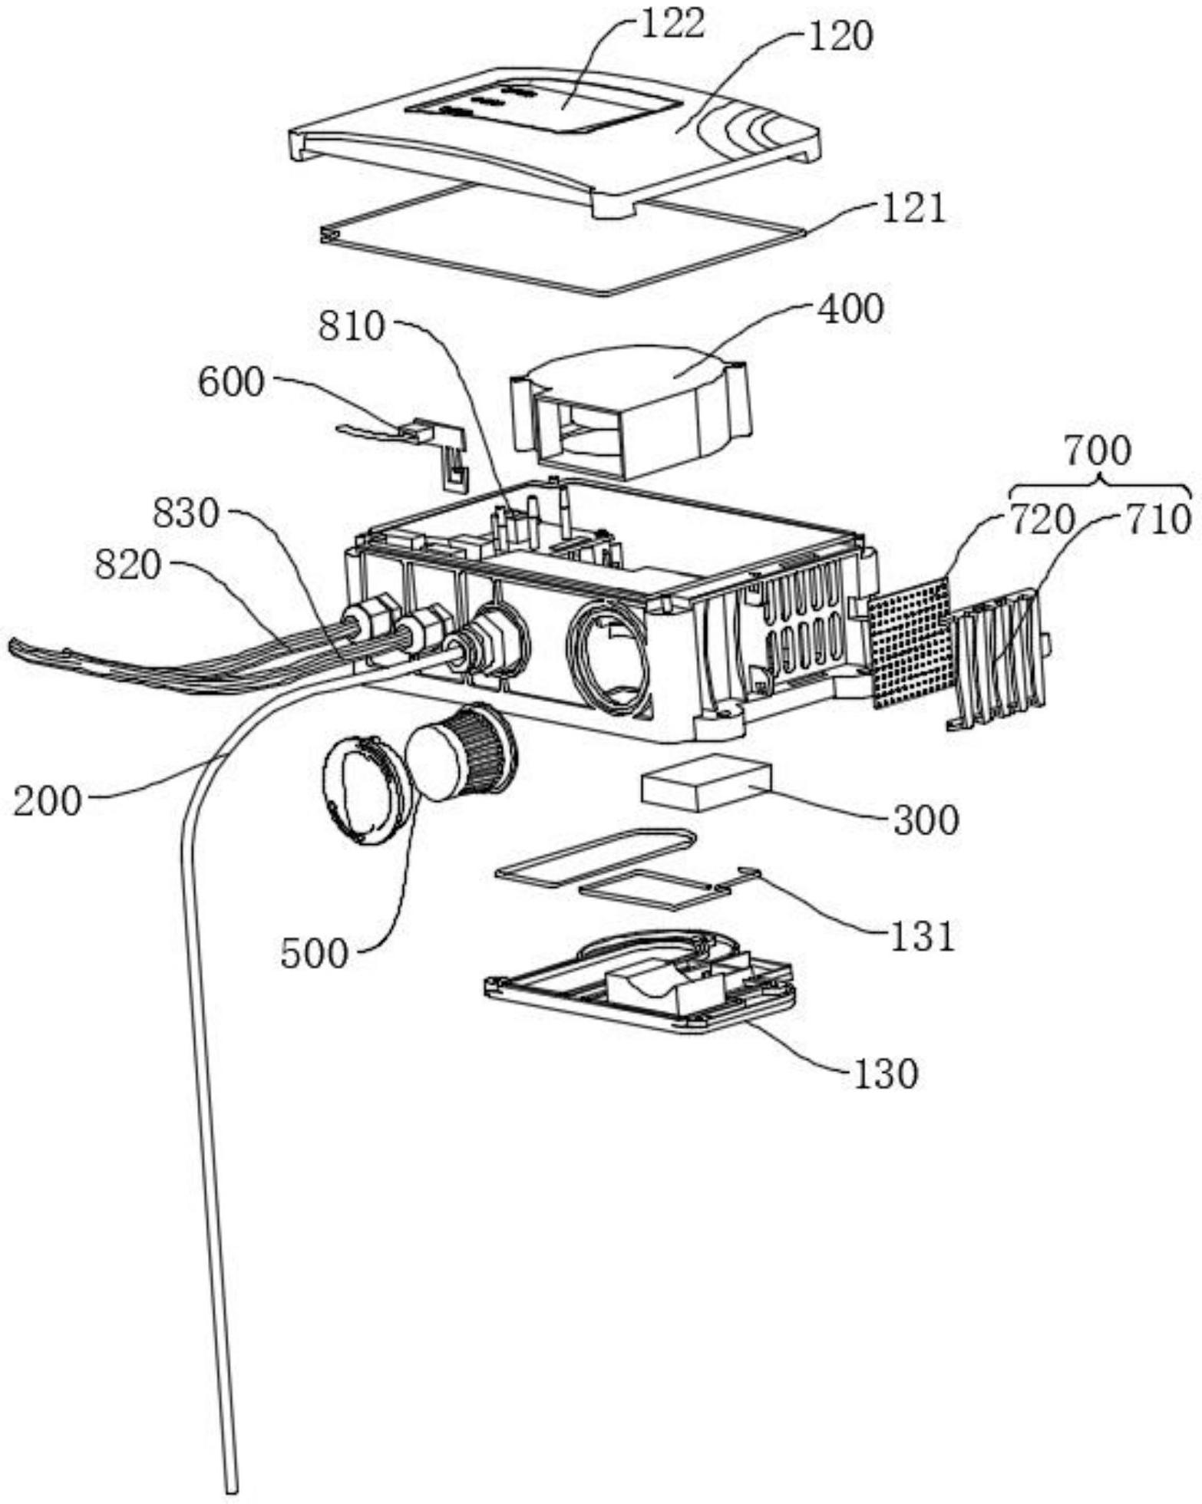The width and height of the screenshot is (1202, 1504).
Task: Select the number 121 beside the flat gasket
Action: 911,209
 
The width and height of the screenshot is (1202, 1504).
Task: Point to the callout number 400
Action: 850,309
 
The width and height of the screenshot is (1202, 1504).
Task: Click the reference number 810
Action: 352,327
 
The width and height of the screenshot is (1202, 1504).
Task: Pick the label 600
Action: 230,382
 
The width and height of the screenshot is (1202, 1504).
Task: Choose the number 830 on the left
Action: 186,513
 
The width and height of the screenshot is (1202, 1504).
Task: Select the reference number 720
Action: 1041,521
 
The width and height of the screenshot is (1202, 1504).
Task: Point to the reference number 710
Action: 1158,521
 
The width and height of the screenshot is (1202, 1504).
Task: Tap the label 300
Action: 926,820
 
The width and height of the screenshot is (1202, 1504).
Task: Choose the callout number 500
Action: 315,954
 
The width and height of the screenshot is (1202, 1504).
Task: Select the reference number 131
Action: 922,936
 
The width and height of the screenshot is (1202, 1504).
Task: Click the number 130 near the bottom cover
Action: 884,1074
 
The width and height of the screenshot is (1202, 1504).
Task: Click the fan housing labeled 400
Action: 629,414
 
